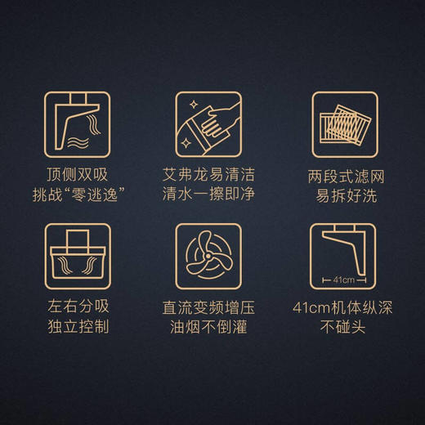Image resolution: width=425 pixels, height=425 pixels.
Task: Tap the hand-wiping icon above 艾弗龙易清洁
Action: point(211,123)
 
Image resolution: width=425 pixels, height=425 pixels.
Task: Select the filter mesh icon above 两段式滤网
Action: point(345,123)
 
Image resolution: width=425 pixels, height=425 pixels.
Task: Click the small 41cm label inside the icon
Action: point(345,277)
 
